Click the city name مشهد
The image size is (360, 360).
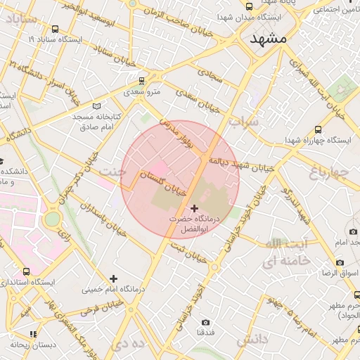269,39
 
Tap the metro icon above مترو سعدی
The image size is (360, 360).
143,81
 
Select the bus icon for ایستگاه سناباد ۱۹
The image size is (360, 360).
55,30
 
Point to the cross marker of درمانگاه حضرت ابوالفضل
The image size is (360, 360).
194,209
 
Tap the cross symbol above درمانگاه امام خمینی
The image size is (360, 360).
113,278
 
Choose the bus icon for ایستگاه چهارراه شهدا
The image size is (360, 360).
319,130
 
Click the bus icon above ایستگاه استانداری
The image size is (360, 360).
27,271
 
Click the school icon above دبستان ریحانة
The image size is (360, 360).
32,334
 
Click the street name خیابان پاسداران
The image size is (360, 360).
103,219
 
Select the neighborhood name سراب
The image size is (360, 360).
244,122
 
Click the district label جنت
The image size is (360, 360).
112,171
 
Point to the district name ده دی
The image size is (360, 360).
128,345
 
